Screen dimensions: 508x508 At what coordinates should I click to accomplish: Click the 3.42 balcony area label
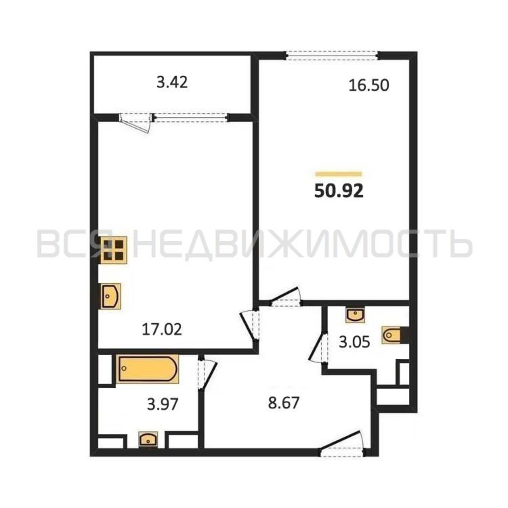[x=172, y=83]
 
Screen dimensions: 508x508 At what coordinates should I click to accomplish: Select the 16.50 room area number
[x=369, y=85]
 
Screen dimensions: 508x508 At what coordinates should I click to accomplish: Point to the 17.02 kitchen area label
[x=162, y=330]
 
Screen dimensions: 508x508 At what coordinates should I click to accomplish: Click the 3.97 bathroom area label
[x=163, y=404]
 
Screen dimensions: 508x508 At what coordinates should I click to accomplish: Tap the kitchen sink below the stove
[x=111, y=296]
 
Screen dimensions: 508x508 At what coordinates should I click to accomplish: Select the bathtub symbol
[x=148, y=369]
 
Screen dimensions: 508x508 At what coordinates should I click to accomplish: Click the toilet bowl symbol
[x=393, y=335]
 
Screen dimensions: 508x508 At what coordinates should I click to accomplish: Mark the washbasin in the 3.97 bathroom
[x=148, y=439]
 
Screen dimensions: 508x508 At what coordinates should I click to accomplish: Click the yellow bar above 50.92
[x=339, y=173]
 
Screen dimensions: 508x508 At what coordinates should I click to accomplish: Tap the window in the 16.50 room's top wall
[x=332, y=56]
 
